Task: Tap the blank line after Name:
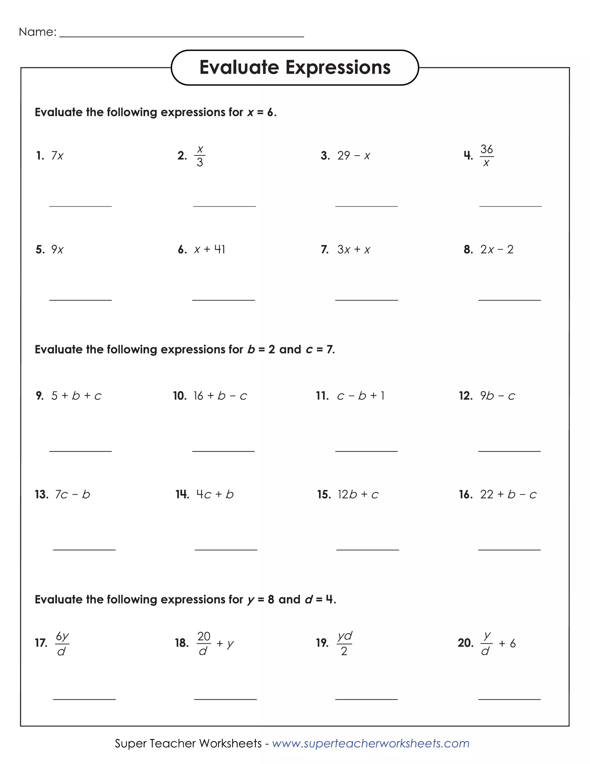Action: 181,36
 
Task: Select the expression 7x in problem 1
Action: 57,156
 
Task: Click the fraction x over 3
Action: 200,156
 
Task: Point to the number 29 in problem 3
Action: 343,156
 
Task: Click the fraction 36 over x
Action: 486,156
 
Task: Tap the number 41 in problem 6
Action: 220,250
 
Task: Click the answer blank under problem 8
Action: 509,299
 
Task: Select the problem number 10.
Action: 180,396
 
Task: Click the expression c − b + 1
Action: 361,396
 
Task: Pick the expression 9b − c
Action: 497,396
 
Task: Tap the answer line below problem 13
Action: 84,549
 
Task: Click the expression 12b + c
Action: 358,494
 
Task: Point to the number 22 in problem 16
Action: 486,494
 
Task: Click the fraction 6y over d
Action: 62,644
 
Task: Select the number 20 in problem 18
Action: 204,636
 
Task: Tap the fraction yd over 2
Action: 344,644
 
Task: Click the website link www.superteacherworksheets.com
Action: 371,743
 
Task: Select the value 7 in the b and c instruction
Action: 330,349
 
